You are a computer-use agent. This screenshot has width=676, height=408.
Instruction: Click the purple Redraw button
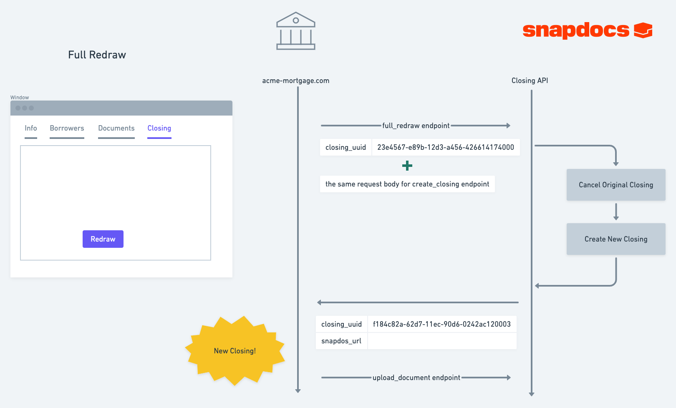pyautogui.click(x=103, y=239)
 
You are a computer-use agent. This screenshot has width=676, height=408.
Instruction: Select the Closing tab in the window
pyautogui.click(x=159, y=128)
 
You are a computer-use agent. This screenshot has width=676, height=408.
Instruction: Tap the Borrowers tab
pyautogui.click(x=67, y=128)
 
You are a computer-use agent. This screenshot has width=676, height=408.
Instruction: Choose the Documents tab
pyautogui.click(x=116, y=128)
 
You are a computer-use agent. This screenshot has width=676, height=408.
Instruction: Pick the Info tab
pyautogui.click(x=31, y=128)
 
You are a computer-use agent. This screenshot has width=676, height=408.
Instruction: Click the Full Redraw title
pyautogui.click(x=97, y=55)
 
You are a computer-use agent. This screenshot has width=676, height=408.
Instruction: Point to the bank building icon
pyautogui.click(x=296, y=31)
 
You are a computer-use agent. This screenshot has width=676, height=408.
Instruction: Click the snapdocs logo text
pyautogui.click(x=576, y=30)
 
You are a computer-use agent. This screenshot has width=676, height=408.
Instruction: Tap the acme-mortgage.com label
pyautogui.click(x=296, y=81)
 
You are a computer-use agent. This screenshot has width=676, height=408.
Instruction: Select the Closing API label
pyautogui.click(x=530, y=81)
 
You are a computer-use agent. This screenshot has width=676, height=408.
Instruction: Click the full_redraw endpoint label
pyautogui.click(x=416, y=126)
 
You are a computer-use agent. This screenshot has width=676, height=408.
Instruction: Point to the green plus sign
pyautogui.click(x=407, y=165)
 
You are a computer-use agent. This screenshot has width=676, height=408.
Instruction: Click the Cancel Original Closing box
pyautogui.click(x=616, y=185)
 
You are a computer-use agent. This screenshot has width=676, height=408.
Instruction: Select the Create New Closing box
pyautogui.click(x=616, y=239)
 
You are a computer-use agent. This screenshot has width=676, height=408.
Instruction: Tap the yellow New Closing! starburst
pyautogui.click(x=235, y=351)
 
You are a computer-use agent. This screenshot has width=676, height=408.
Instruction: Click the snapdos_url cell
pyautogui.click(x=341, y=341)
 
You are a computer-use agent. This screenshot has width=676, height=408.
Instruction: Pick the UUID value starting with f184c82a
pyautogui.click(x=442, y=324)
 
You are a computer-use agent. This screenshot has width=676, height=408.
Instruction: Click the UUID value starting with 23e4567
pyautogui.click(x=445, y=147)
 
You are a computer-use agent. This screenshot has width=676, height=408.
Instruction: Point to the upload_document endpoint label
pyautogui.click(x=416, y=378)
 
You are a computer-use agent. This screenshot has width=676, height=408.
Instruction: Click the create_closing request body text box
pyautogui.click(x=407, y=184)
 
